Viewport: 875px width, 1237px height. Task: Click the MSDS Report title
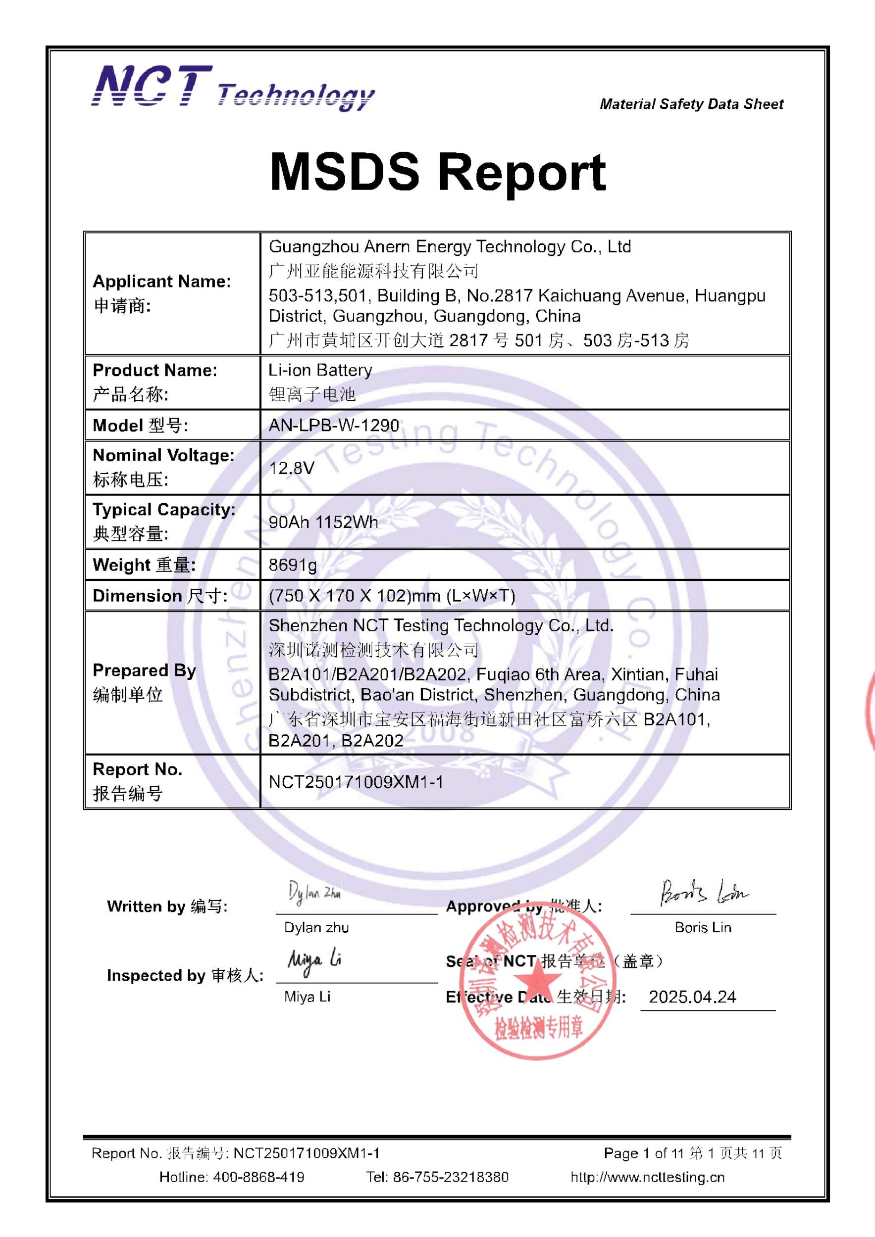coord(438,172)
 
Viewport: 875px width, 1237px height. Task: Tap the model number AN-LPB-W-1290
coord(334,426)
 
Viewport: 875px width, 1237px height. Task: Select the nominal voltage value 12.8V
coord(291,468)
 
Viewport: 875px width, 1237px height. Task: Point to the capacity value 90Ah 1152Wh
coord(323,522)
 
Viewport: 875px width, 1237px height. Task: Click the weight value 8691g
coord(293,565)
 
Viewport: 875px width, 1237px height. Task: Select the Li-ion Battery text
coord(320,370)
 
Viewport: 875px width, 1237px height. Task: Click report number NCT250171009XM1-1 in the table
coord(356,782)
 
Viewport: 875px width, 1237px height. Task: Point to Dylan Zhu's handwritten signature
coord(314,894)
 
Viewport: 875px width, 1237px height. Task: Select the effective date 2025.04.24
coord(692,997)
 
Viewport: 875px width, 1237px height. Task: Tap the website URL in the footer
coord(648,1177)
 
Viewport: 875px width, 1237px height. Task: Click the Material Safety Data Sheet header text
coord(691,104)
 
